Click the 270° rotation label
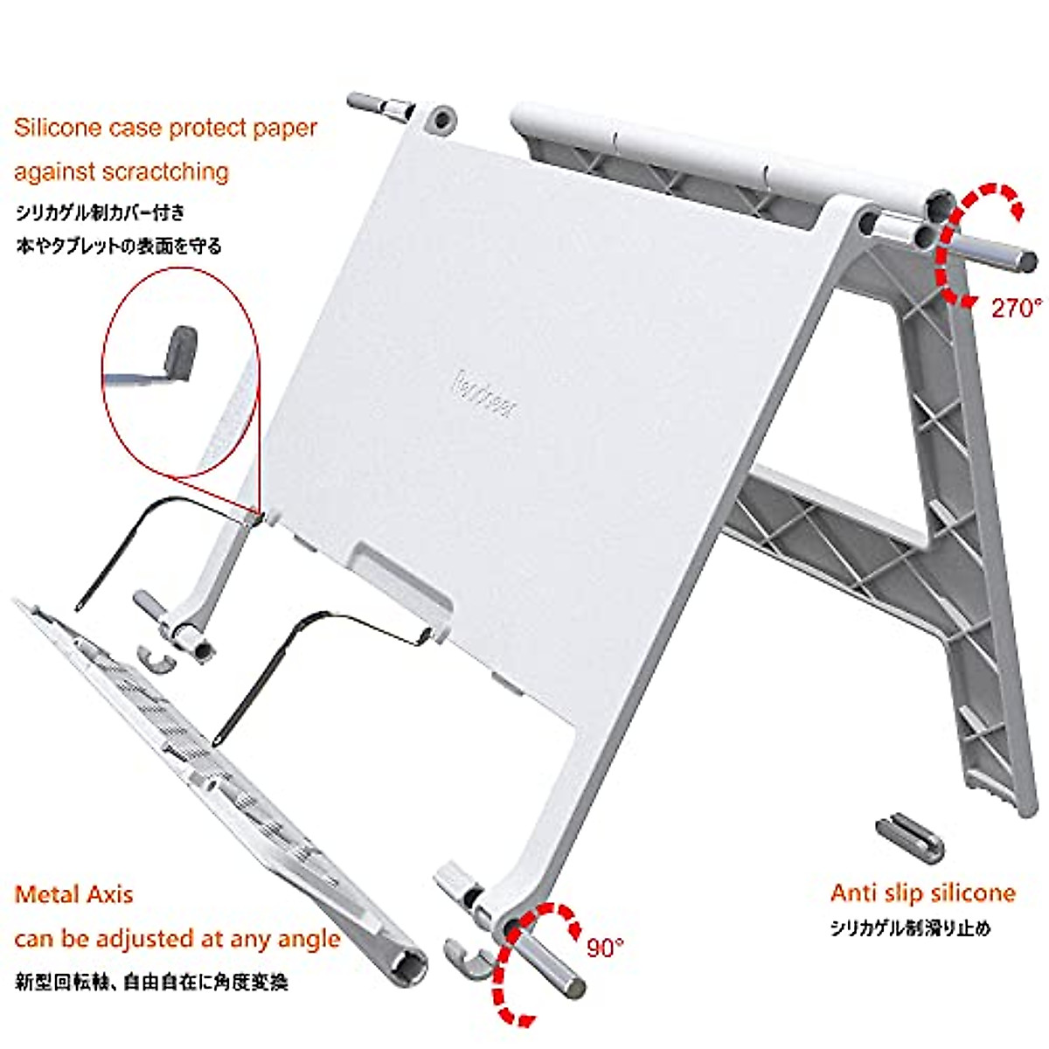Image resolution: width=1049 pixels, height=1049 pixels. (1017, 308)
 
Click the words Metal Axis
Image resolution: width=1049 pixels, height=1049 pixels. (74, 894)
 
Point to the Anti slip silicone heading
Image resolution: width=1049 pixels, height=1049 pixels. (923, 893)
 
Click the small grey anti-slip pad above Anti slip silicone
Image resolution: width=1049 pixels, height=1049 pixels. (909, 834)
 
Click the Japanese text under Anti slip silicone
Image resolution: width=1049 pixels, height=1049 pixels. (911, 928)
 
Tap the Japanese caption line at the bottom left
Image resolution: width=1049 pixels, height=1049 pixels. (151, 982)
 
